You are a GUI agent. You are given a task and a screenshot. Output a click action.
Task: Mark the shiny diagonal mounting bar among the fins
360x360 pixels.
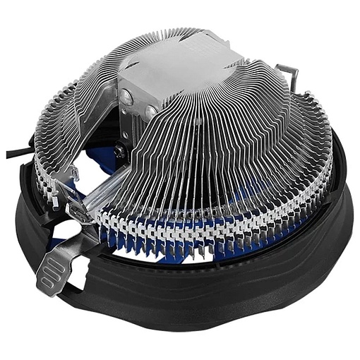coord(106,187)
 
